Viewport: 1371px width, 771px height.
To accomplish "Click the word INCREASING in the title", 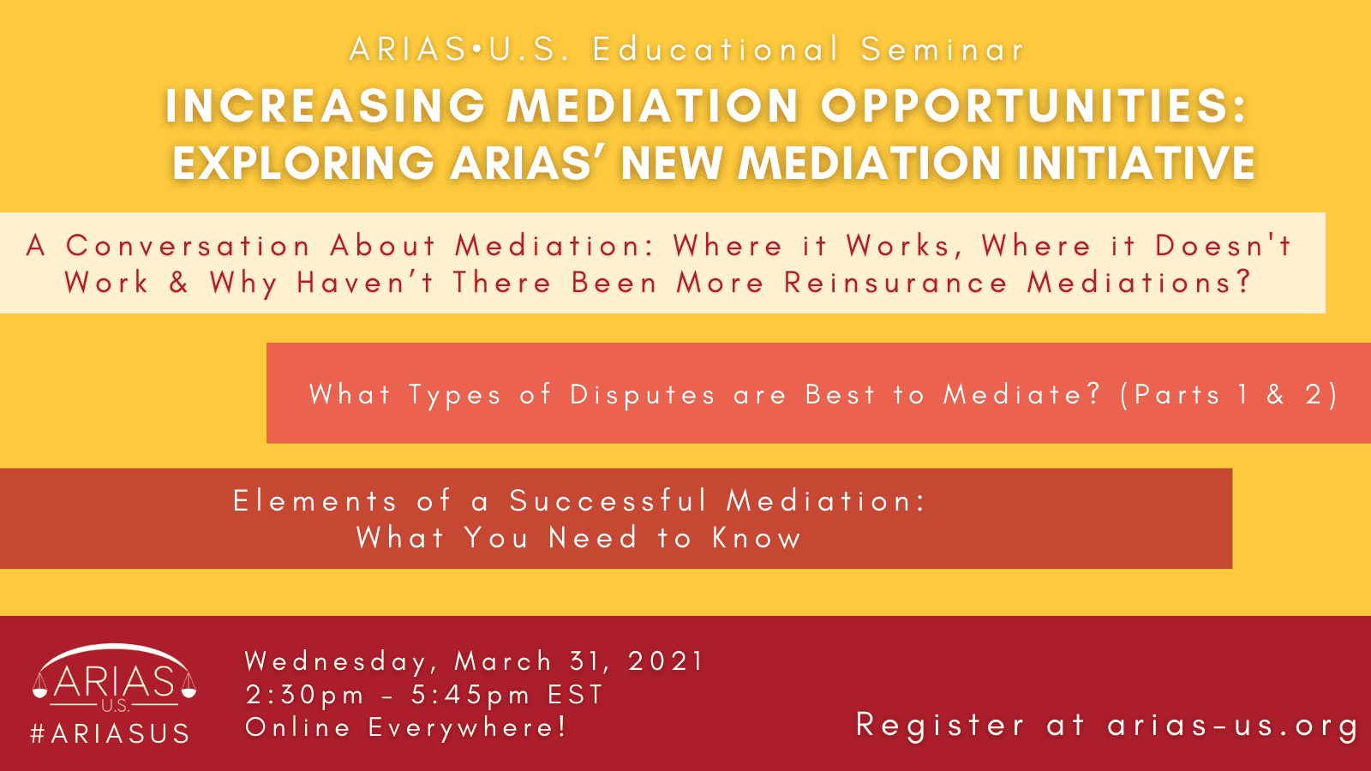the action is (326, 106).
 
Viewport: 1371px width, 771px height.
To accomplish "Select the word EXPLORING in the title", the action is (302, 163).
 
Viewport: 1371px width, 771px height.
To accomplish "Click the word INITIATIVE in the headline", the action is (1136, 163).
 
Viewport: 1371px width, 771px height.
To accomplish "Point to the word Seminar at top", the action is (943, 49).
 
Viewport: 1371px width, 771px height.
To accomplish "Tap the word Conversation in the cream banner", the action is (188, 246).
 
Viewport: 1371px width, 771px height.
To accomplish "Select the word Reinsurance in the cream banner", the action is (895, 283).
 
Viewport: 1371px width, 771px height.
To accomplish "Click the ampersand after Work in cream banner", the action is (179, 283).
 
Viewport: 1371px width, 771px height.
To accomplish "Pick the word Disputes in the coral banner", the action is (642, 395).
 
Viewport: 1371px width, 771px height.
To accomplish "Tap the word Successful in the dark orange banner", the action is (608, 501).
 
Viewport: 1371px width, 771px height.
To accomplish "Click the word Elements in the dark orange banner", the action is (315, 501).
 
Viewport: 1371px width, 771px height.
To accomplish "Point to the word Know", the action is (757, 538).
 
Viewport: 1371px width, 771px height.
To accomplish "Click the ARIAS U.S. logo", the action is (115, 678).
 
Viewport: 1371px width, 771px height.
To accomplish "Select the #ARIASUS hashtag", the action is (111, 733).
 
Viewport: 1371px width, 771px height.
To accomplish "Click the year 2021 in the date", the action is (667, 660).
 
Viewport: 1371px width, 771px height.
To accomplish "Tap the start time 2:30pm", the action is (305, 695).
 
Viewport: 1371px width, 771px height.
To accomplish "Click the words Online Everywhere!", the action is (406, 727).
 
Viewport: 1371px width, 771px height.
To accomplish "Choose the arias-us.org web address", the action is (1232, 726).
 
